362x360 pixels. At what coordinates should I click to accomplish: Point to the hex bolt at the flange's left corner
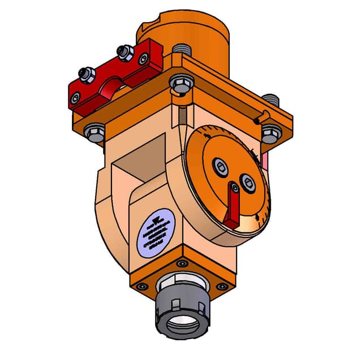click(x=93, y=132)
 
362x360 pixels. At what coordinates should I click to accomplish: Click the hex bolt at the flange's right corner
click(x=271, y=133)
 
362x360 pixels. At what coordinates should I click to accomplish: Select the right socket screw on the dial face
click(x=247, y=181)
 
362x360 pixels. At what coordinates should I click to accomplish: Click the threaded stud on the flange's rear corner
click(x=182, y=50)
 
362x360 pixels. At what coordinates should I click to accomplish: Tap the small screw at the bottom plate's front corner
click(x=182, y=264)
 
